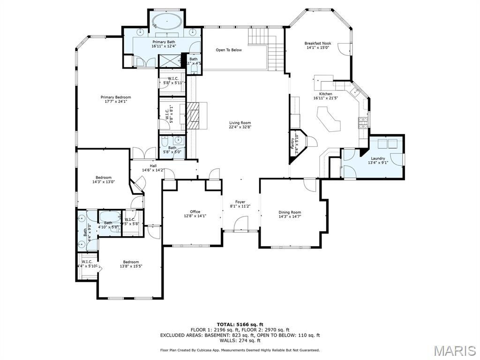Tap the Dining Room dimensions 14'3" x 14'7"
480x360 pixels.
pyautogui.click(x=290, y=217)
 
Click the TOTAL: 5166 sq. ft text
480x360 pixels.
pyautogui.click(x=240, y=324)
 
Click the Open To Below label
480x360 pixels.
pyautogui.click(x=229, y=50)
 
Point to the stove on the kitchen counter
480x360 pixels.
pyautogui.click(x=363, y=123)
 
